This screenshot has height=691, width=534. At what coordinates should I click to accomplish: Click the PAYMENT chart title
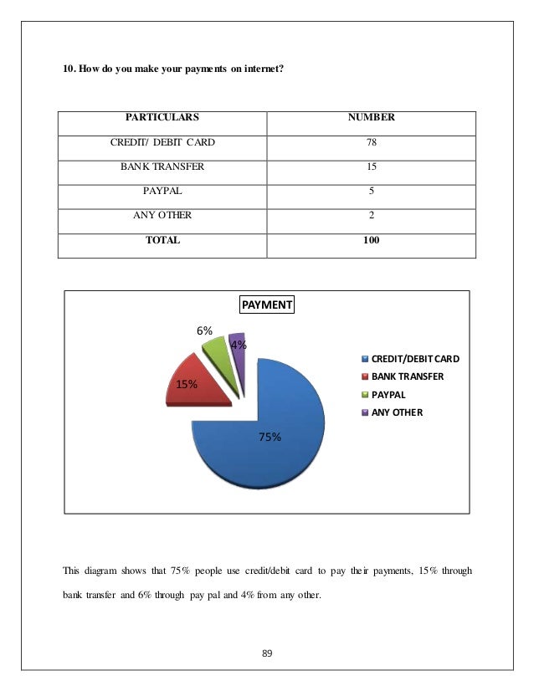pyautogui.click(x=267, y=305)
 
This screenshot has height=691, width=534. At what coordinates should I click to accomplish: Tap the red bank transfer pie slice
pyautogui.click(x=197, y=381)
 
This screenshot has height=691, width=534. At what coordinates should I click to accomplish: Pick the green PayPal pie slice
pyautogui.click(x=217, y=356)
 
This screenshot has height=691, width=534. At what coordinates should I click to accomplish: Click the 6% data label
pyautogui.click(x=204, y=330)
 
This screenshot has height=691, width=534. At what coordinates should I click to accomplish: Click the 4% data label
pyautogui.click(x=239, y=345)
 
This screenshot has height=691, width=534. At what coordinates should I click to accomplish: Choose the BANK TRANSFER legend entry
pyautogui.click(x=408, y=376)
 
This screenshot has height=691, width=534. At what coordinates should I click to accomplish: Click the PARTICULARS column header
pyautogui.click(x=162, y=118)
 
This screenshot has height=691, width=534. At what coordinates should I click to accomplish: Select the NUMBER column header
pyautogui.click(x=371, y=118)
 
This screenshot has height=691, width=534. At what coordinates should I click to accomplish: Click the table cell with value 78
pyautogui.click(x=371, y=143)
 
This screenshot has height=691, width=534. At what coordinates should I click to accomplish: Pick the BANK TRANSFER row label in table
pyautogui.click(x=162, y=166)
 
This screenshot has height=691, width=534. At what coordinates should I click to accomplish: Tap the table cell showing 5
pyautogui.click(x=371, y=191)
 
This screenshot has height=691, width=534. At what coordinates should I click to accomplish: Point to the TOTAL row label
pyautogui.click(x=162, y=240)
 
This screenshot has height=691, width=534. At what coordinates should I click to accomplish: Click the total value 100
pyautogui.click(x=371, y=240)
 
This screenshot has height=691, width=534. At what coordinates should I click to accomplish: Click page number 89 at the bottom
pyautogui.click(x=267, y=653)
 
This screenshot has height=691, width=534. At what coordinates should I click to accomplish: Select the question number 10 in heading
pyautogui.click(x=69, y=69)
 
